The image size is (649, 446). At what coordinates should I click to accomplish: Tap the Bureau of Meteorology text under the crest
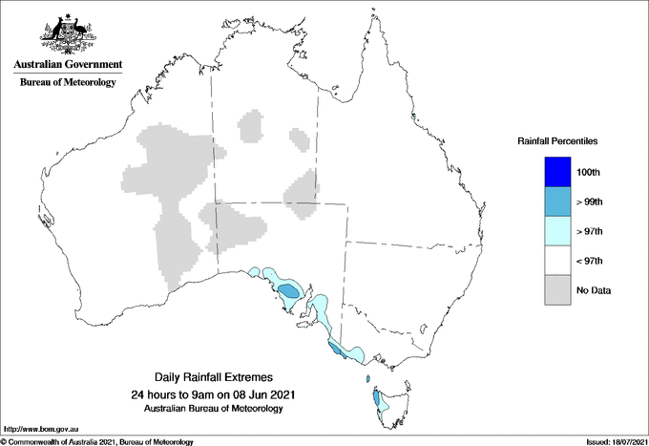(x=68, y=83)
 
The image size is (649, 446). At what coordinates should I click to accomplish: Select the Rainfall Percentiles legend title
(x=557, y=141)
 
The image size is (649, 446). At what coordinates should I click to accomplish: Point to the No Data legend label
(x=594, y=290)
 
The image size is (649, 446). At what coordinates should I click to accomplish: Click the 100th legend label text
(x=589, y=172)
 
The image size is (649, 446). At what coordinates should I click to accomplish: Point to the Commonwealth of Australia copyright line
(x=97, y=441)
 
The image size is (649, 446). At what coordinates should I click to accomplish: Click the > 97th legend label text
(x=590, y=231)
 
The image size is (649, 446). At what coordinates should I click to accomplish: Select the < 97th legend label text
(x=590, y=261)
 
